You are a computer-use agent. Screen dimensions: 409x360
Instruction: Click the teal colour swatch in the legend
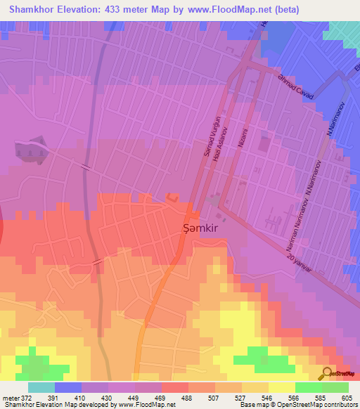41,387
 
